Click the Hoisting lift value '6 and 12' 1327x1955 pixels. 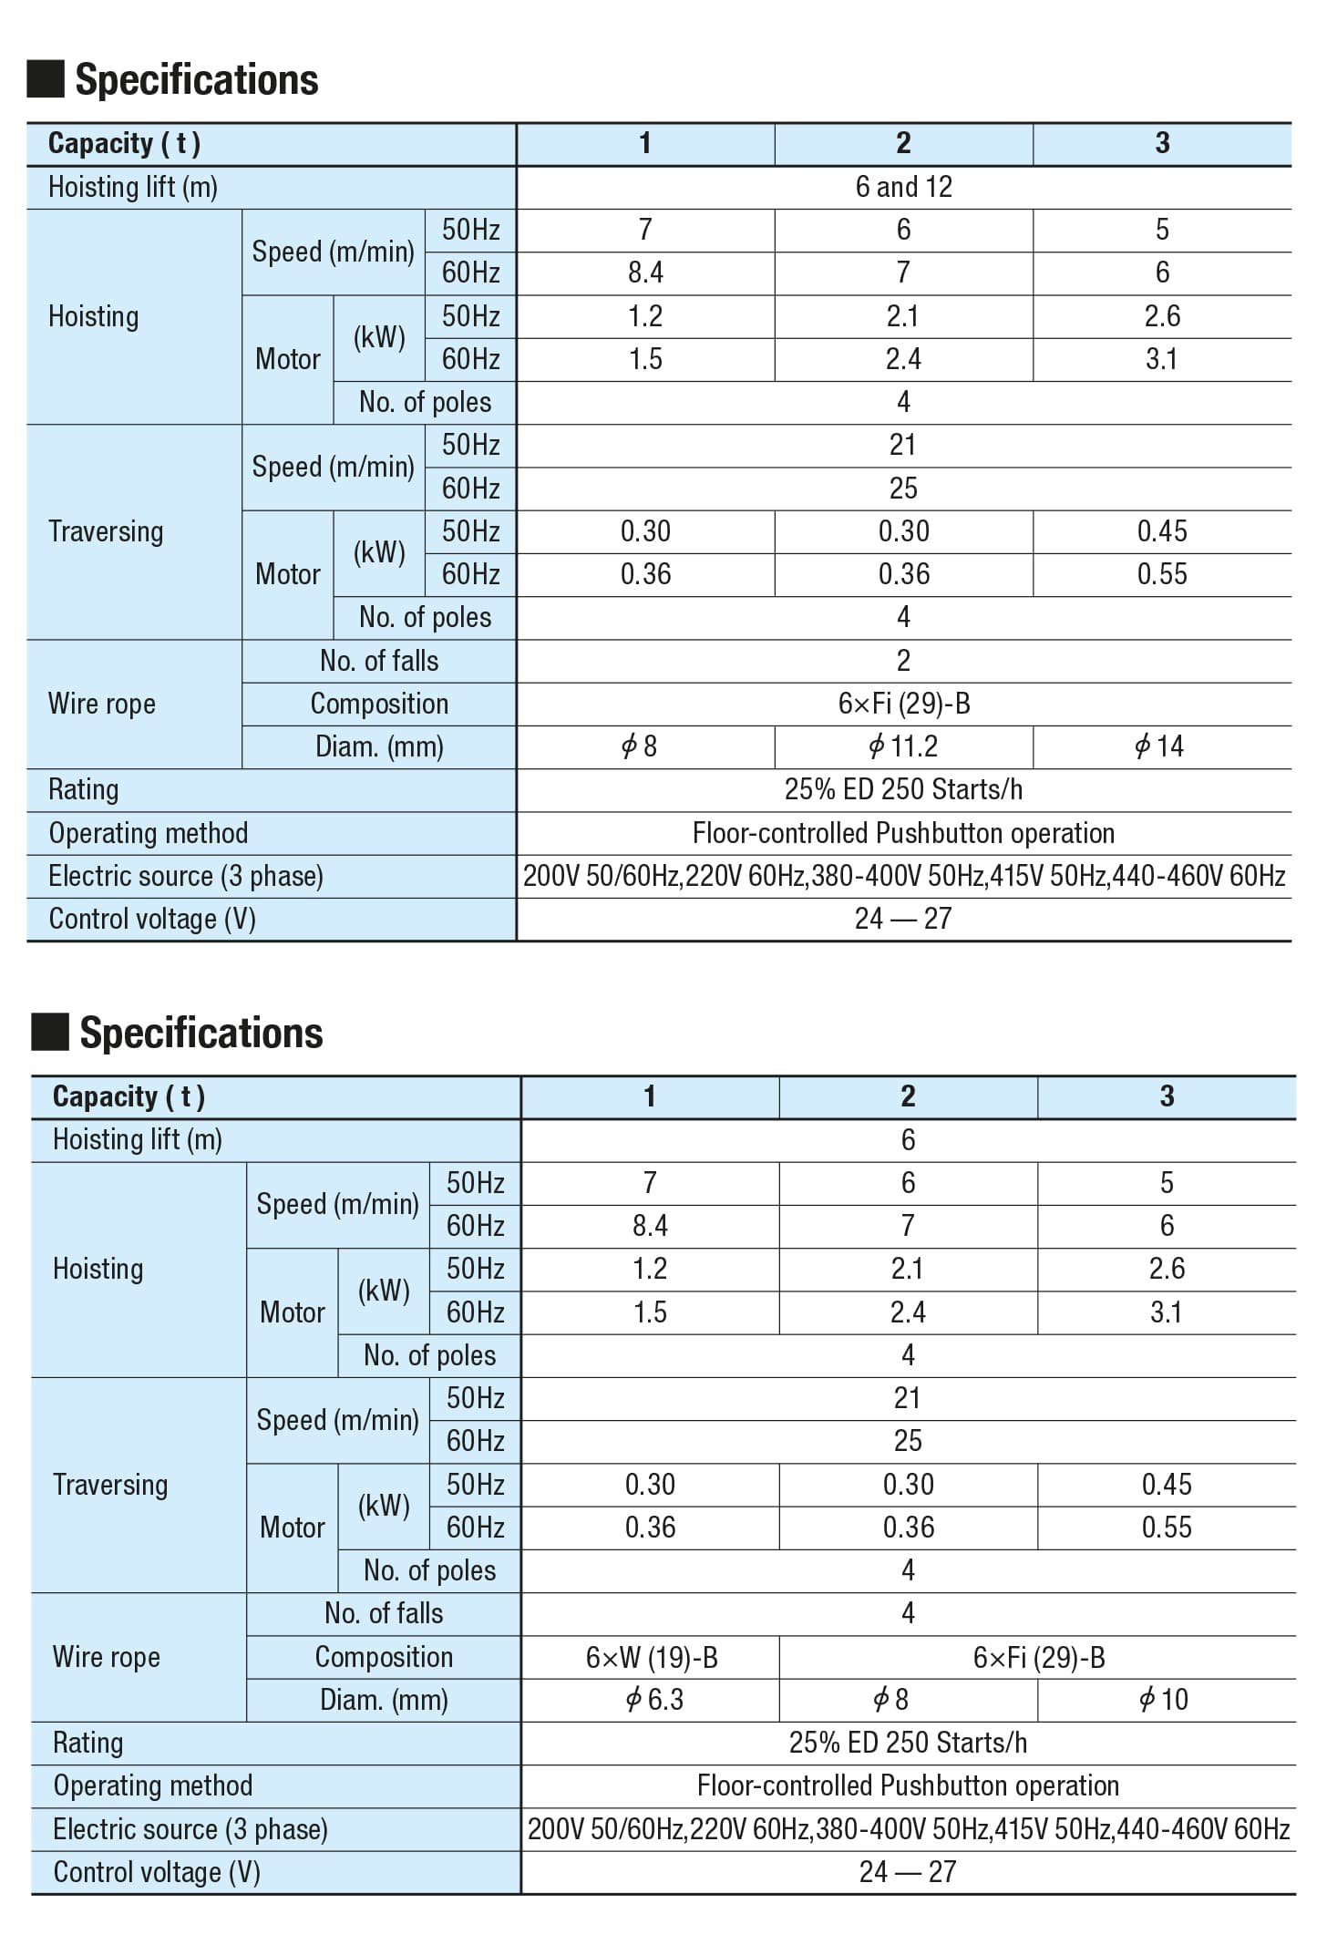coord(903,187)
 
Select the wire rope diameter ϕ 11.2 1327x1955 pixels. coord(903,746)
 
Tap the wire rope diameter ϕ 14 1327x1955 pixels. coord(1160,746)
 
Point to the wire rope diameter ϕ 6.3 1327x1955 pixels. coord(653,1699)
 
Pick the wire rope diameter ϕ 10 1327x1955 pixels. coord(1164,1699)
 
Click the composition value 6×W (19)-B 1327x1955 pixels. coord(652,1657)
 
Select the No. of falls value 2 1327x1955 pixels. coord(903,661)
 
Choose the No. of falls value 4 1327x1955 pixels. coord(908,1613)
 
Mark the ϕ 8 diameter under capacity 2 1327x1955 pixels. coord(891,1699)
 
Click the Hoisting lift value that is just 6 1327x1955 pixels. coord(908,1139)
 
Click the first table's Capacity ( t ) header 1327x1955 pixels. coord(124,143)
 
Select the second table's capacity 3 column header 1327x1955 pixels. coord(1167,1096)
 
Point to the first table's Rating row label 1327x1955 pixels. coord(83,789)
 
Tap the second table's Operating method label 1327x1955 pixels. coord(152,1785)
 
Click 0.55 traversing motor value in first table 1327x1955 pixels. coord(1162,574)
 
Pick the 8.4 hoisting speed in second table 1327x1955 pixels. coord(650,1225)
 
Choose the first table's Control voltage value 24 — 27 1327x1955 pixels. coord(903,919)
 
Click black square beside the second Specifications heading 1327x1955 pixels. coord(50,1033)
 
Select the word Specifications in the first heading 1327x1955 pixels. coord(197,79)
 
